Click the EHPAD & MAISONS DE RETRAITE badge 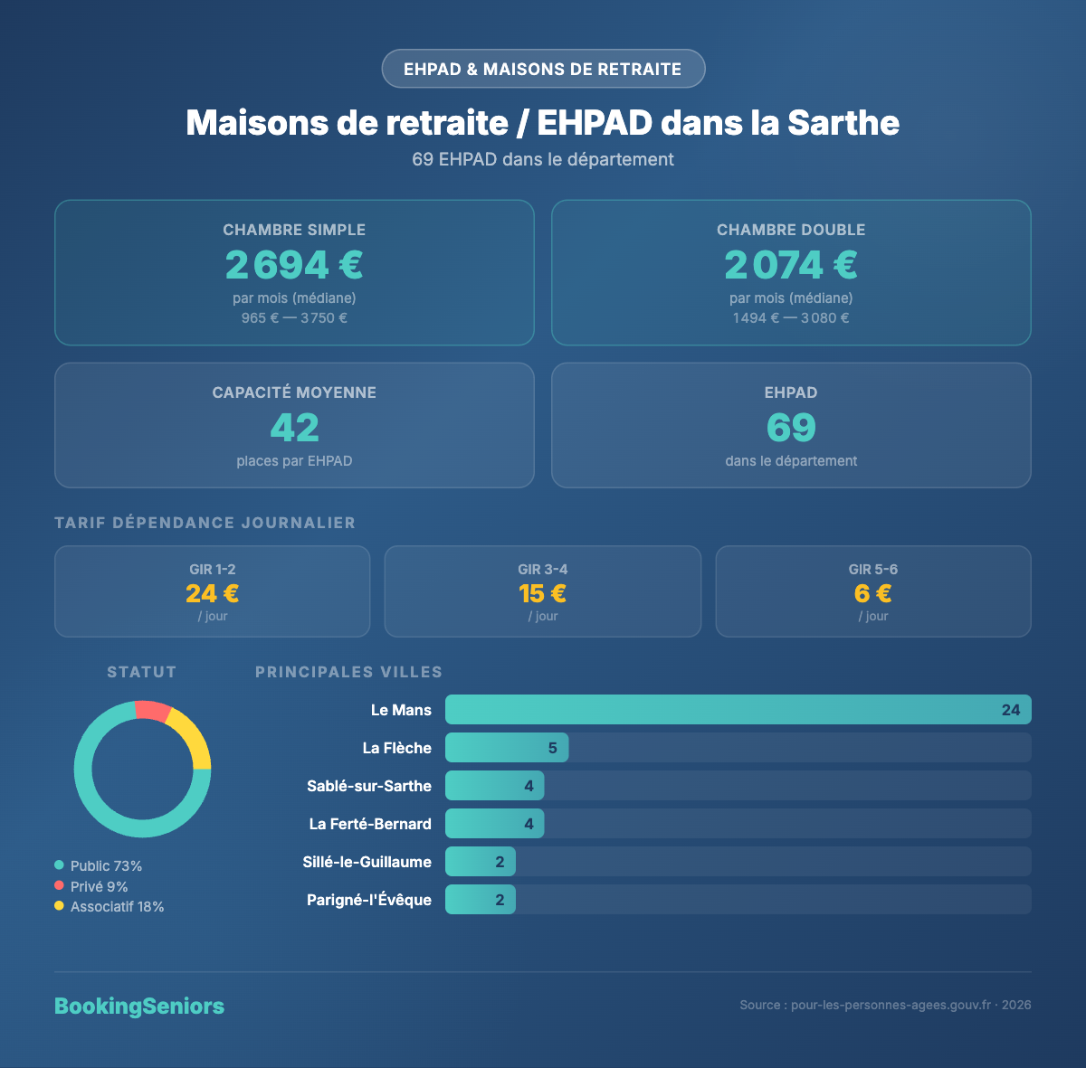543,69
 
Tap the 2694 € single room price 294,265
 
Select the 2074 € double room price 791,265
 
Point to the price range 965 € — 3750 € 294,318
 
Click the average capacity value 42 294,428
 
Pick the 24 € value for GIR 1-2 213,593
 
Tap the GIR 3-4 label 543,569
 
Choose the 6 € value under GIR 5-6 873,593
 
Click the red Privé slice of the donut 153,711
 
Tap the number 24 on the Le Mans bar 1011,710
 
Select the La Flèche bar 507,748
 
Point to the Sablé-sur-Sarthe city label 369,786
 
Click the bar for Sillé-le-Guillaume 481,862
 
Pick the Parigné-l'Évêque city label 369,900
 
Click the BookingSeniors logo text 139,1006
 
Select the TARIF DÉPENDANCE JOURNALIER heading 205,523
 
